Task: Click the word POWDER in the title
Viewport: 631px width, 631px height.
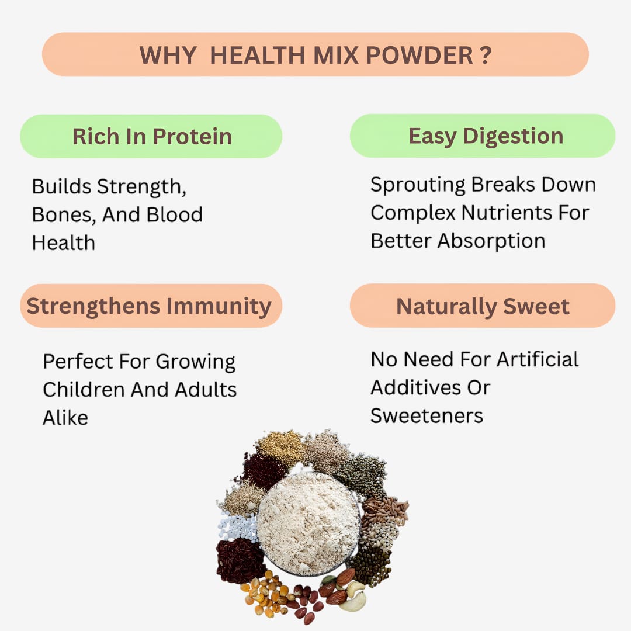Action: pyautogui.click(x=418, y=56)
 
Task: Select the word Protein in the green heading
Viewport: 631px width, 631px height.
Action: pyautogui.click(x=192, y=137)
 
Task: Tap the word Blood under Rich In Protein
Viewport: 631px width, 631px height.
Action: pyautogui.click(x=174, y=214)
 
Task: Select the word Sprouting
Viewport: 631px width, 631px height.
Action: pyautogui.click(x=418, y=185)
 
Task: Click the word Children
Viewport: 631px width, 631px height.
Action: pyautogui.click(x=84, y=390)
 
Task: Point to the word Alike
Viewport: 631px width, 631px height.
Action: pyautogui.click(x=65, y=417)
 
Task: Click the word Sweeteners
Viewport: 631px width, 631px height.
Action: pyautogui.click(x=427, y=416)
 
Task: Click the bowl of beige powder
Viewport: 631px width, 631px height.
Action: pyautogui.click(x=308, y=522)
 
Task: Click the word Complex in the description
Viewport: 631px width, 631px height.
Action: pyautogui.click(x=413, y=213)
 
